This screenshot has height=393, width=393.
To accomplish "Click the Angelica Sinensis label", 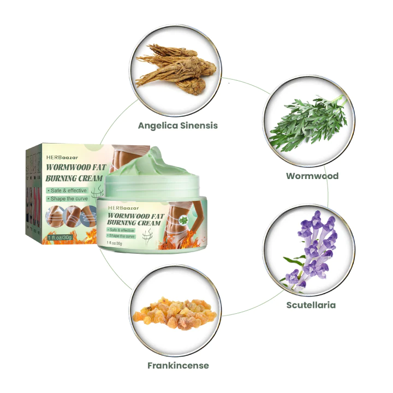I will pyautogui.click(x=178, y=126).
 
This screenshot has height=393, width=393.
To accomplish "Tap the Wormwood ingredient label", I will pyautogui.click(x=312, y=176).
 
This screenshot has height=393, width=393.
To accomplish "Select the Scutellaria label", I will pyautogui.click(x=311, y=305).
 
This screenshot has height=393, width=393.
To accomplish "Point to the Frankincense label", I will pyautogui.click(x=177, y=365).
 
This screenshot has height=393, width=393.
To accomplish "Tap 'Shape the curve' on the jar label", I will pyautogui.click(x=122, y=236).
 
